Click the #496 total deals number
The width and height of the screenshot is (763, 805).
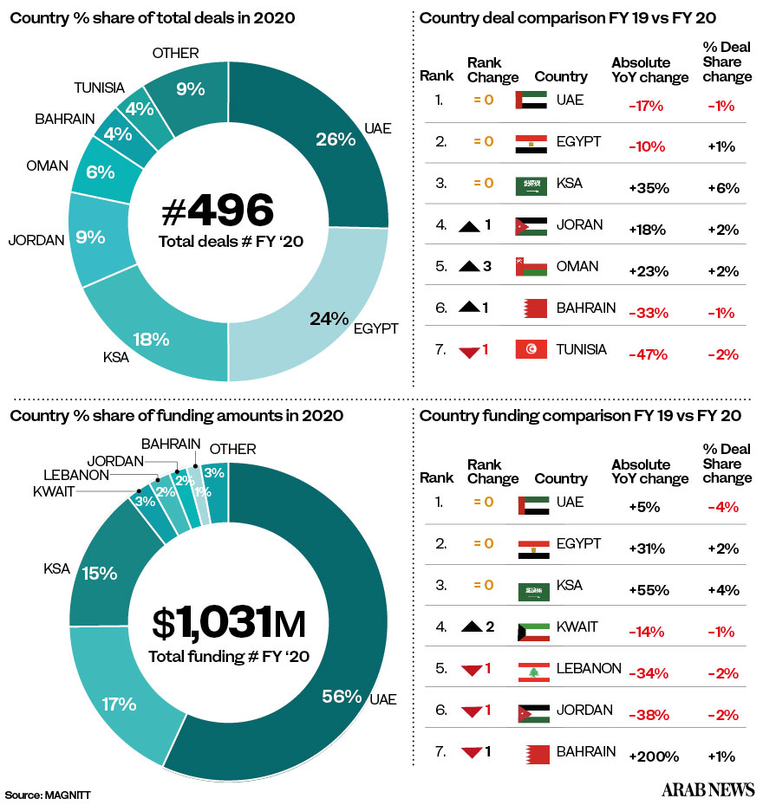point(218,211)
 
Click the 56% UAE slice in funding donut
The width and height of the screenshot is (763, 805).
point(341,696)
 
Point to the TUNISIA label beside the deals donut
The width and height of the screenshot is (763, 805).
point(99,88)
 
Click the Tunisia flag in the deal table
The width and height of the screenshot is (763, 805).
point(530,349)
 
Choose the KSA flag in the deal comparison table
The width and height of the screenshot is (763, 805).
point(530,185)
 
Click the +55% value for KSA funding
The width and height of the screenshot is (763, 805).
point(649,590)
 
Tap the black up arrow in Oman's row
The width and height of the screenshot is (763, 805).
point(471,266)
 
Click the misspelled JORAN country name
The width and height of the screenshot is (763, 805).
point(579,225)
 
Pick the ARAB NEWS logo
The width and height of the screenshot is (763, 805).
point(708,789)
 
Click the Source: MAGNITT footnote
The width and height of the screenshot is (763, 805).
point(48,794)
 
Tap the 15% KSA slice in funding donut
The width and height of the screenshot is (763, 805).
point(100,573)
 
